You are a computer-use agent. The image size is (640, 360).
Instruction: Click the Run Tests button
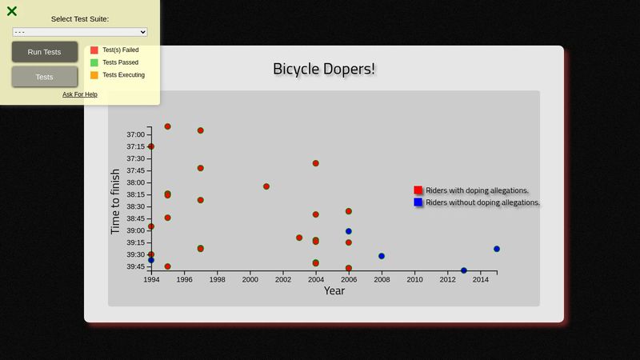(x=45, y=52)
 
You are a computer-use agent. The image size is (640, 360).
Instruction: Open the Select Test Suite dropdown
(x=79, y=32)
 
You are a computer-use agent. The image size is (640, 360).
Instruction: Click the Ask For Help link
(x=79, y=94)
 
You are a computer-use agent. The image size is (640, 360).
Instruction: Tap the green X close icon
(x=12, y=11)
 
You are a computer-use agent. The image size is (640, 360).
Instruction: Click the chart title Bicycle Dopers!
(x=324, y=69)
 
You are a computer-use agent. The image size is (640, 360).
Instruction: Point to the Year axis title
(x=334, y=290)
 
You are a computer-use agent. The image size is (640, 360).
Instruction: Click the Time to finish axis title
(x=115, y=202)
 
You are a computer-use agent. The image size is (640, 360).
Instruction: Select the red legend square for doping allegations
(x=418, y=190)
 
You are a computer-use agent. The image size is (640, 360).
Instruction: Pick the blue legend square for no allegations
(x=418, y=202)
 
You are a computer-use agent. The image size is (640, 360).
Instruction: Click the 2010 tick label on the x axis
(x=414, y=279)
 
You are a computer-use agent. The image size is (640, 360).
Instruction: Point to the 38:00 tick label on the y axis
(x=135, y=182)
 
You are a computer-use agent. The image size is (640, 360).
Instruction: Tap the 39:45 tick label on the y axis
(x=135, y=266)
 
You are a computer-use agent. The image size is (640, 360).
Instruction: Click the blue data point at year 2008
(x=382, y=256)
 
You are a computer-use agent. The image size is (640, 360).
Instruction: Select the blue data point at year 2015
(x=496, y=249)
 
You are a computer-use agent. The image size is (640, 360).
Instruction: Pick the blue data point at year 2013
(x=464, y=270)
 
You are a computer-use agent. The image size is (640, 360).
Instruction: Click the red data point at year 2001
(x=266, y=186)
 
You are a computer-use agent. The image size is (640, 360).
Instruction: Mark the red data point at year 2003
(x=299, y=238)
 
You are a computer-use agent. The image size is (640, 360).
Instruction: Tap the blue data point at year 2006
(x=349, y=231)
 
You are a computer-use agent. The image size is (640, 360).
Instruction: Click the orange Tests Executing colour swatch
(x=94, y=75)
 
